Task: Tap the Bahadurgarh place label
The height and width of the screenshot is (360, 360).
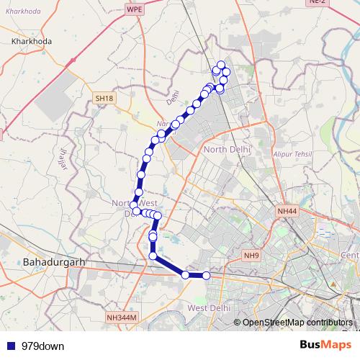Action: pos(54,262)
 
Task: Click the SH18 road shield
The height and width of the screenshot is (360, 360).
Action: pos(104,98)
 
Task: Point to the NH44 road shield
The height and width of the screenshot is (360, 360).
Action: pos(287,210)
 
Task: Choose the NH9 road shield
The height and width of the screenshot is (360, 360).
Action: pos(251,256)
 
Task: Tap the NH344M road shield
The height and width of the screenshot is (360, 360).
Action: pos(120,318)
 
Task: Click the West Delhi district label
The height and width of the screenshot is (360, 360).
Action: pos(208,308)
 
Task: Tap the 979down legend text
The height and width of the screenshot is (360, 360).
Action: pos(43,346)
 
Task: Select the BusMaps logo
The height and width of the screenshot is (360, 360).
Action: pos(326,346)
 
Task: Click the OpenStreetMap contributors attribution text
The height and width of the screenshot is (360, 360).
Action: pos(297,323)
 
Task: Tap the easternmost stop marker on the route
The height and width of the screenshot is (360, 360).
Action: pos(207,275)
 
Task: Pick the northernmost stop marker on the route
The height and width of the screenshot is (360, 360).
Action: pos(221,66)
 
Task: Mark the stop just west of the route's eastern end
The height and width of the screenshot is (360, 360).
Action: pos(186,275)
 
